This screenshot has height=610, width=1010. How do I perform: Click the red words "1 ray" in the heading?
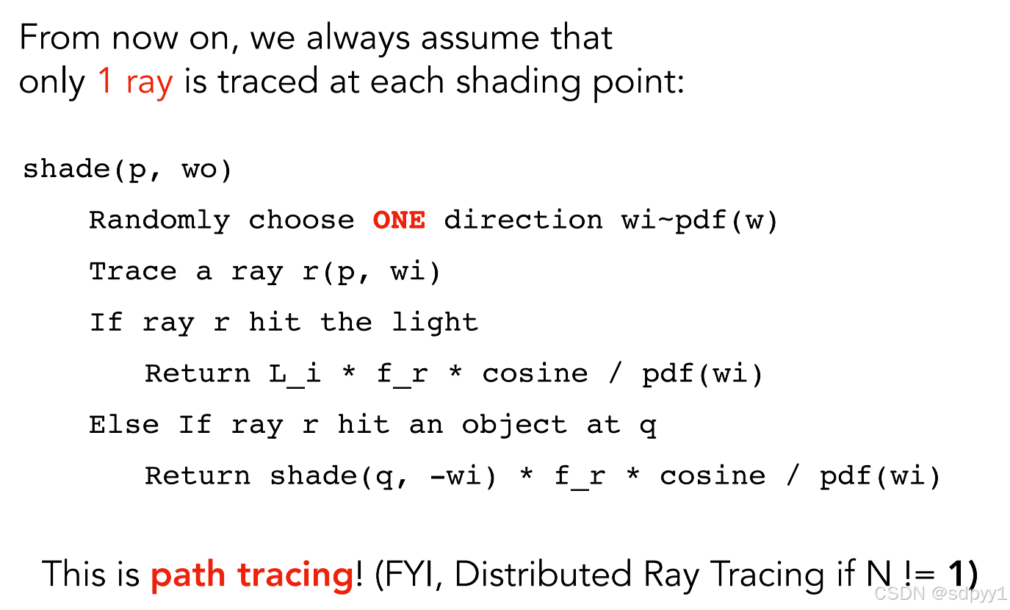135,82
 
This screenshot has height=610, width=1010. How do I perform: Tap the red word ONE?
399,220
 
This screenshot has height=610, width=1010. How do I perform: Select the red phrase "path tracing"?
252,575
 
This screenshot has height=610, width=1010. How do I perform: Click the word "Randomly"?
159,221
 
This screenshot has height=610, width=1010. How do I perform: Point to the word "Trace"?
133,272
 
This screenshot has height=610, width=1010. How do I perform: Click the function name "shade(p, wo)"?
128,170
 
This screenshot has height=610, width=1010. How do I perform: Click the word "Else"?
124,425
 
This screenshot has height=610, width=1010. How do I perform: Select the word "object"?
514,426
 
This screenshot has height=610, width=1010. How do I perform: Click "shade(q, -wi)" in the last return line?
383,477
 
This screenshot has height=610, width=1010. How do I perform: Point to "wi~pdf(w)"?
700,221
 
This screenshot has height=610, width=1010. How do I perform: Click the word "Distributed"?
544,575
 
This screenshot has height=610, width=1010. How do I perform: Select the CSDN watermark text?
940,593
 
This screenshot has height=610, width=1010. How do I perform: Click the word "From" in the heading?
59,37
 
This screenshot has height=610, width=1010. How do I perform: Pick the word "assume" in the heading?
480,38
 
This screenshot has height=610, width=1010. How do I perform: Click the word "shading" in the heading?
519,82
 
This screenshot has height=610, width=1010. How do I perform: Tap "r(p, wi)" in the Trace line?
371,272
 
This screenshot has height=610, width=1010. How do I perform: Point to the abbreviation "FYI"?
413,575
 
